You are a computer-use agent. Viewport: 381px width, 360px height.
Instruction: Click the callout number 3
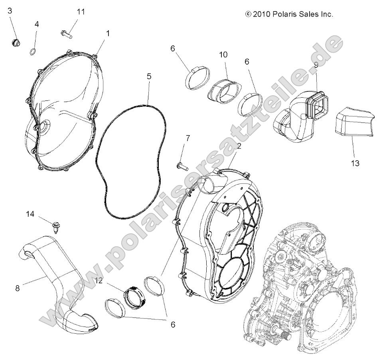(10, 11)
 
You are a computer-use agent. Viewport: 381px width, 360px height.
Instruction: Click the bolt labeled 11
(66, 33)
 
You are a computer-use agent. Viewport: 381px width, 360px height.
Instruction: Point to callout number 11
(81, 12)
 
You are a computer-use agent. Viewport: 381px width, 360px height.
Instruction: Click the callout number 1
(107, 34)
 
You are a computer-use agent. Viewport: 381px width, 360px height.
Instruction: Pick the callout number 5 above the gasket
(149, 77)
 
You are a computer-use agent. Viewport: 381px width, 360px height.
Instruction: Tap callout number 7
(188, 138)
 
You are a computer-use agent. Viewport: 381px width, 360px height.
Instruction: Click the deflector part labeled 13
(353, 122)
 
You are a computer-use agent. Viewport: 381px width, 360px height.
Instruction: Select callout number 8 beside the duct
(17, 288)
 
